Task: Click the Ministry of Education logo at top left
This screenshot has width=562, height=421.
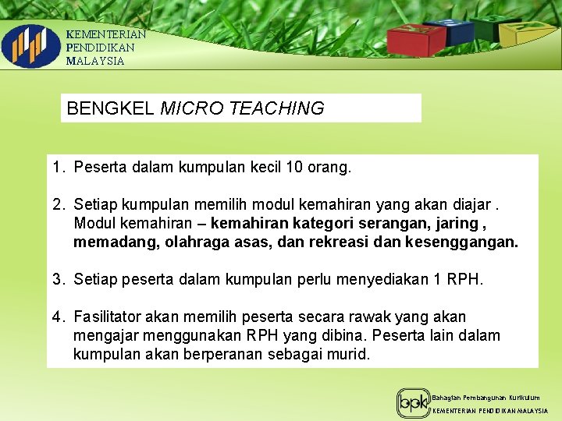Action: click(30, 45)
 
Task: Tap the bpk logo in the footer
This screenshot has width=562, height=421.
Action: click(413, 403)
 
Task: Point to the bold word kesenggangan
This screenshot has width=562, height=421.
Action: click(458, 242)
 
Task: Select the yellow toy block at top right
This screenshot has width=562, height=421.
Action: click(529, 30)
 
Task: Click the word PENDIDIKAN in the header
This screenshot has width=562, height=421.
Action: click(101, 48)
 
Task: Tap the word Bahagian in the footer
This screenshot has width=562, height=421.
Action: click(448, 398)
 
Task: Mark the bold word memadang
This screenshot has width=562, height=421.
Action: click(109, 242)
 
